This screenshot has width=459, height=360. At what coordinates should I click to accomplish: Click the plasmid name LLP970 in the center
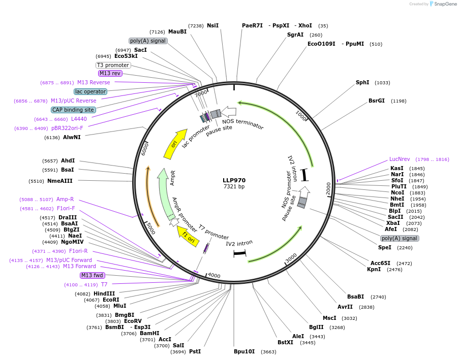pyautogui.click(x=234, y=180)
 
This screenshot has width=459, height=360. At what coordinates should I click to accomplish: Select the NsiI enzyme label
pyautogui.click(x=212, y=25)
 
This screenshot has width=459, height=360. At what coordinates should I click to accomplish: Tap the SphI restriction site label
pyautogui.click(x=362, y=82)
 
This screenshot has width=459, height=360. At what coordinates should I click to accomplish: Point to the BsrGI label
pyautogui.click(x=377, y=101)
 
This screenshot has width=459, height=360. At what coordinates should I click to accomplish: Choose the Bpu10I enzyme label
pyautogui.click(x=244, y=351)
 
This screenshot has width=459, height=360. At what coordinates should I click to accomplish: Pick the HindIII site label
pyautogui.click(x=104, y=293)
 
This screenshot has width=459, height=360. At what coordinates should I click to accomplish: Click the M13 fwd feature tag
pyautogui.click(x=93, y=275)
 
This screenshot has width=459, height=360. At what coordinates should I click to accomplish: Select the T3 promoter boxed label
pyautogui.click(x=113, y=65)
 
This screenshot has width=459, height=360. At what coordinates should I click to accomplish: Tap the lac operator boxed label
pyautogui.click(x=90, y=91)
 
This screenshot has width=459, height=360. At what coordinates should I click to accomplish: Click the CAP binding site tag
pyautogui.click(x=73, y=110)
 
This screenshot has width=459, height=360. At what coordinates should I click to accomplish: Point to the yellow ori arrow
pyautogui.click(x=173, y=147)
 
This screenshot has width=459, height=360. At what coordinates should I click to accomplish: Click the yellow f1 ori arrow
pyautogui.click(x=188, y=237)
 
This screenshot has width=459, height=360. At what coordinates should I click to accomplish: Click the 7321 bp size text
pyautogui.click(x=234, y=187)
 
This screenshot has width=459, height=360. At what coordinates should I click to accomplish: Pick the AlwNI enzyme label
pyautogui.click(x=72, y=137)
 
